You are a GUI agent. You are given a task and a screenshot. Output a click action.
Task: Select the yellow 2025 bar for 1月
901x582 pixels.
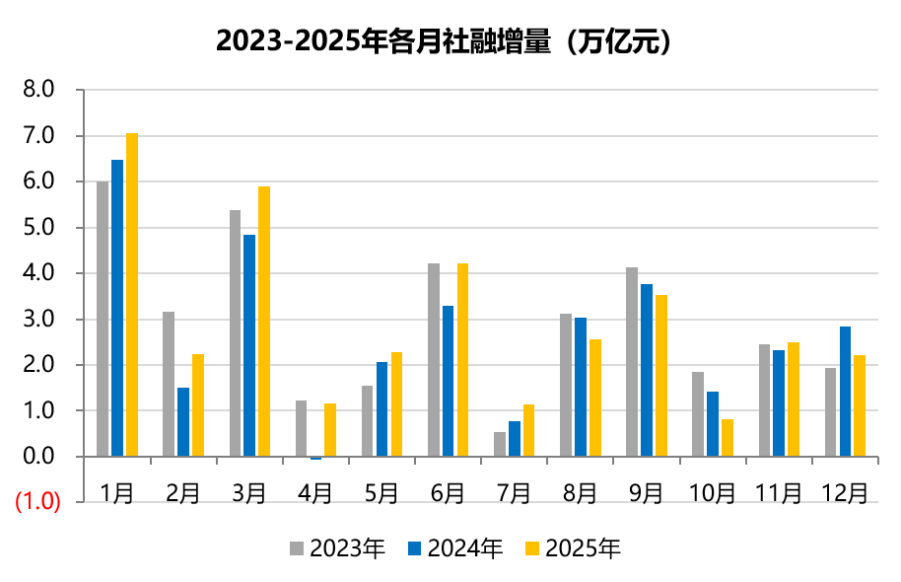tap(132, 294)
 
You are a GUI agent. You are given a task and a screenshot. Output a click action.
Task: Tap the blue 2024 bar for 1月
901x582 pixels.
tap(117, 308)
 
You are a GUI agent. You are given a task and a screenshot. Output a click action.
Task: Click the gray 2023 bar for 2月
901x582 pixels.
tap(169, 384)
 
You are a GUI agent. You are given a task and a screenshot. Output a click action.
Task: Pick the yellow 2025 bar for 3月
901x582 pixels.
tap(264, 322)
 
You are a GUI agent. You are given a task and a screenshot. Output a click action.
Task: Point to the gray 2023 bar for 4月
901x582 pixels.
tap(302, 428)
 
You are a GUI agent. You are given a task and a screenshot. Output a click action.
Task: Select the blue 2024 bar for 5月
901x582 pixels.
tap(381, 409)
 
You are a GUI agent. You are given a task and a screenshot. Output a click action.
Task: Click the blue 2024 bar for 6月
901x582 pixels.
tap(448, 381)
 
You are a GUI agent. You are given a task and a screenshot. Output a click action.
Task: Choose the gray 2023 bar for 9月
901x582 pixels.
tap(632, 362)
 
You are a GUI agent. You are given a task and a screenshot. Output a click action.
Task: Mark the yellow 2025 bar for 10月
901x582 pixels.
tap(727, 438)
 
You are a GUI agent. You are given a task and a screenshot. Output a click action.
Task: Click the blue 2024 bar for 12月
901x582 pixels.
tap(845, 392)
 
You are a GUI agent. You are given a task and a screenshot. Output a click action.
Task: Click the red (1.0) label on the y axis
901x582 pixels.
tap(37, 502)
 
